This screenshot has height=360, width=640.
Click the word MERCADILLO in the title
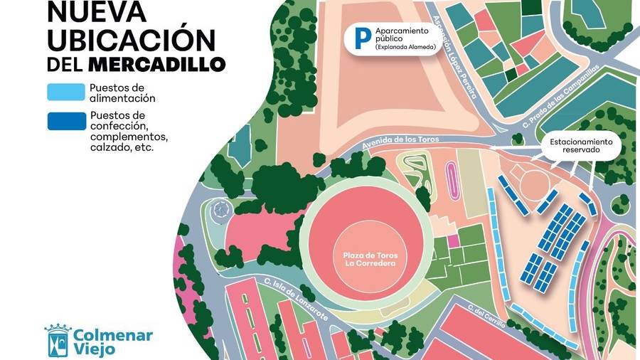click(x=156, y=64)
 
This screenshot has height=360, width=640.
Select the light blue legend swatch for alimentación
click(x=66, y=92)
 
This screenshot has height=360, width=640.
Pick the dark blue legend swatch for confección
click(x=66, y=121)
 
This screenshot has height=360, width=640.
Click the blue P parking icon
click(x=363, y=38)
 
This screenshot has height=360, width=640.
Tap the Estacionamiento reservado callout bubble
click(x=585, y=147)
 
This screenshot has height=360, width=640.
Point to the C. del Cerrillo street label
click(x=486, y=318)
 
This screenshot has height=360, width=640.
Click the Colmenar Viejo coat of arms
click(x=58, y=340)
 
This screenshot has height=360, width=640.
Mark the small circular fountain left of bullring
click(x=220, y=208)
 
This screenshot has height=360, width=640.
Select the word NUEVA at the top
click(x=96, y=11)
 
